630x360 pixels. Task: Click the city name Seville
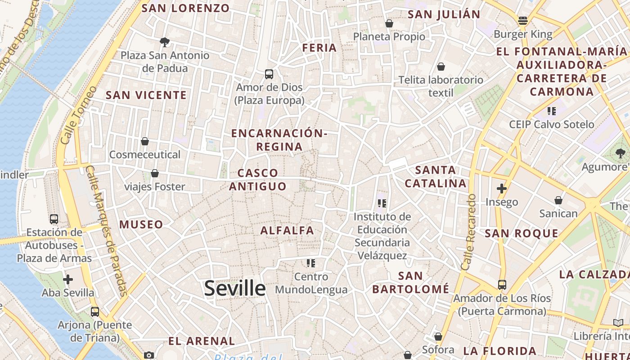coord(234,288)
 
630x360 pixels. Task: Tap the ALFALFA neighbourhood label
coord(287,231)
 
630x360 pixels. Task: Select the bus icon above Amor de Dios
coord(269,74)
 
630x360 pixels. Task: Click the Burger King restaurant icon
coord(522,20)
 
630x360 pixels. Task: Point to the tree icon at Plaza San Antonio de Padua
coord(165,42)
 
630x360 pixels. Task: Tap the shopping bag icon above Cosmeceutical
coord(145,141)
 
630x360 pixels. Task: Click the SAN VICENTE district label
coord(146,95)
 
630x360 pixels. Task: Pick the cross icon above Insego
coord(501,189)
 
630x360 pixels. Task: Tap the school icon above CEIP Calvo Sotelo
coord(551,111)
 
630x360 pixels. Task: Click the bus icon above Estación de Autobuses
coord(54,219)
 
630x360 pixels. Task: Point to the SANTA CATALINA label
coord(436,177)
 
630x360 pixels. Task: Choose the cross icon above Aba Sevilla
coord(68,279)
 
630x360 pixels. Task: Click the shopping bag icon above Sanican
coord(558,200)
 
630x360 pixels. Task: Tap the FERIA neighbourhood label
coord(319,48)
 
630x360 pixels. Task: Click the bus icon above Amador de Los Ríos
coord(502,284)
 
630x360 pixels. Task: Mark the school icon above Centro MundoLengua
coord(311,263)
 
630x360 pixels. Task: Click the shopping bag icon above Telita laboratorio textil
coord(441,67)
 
